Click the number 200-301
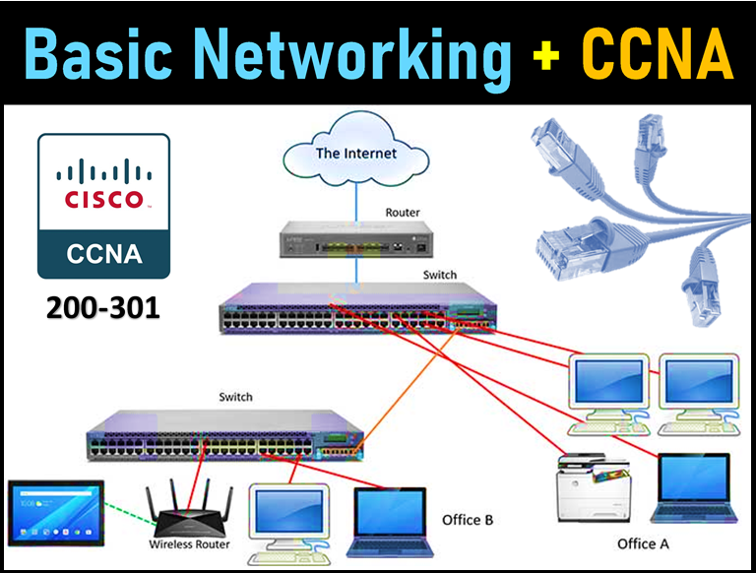click(103, 308)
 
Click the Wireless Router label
click(189, 544)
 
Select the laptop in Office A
click(689, 488)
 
